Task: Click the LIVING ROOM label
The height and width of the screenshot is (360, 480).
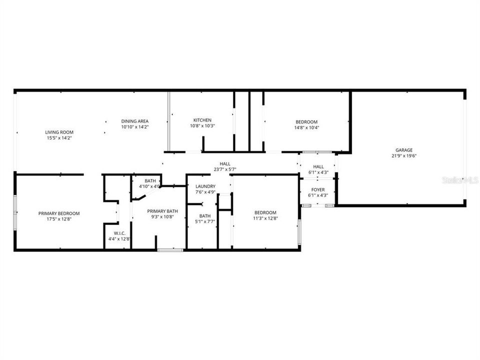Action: coord(59,132)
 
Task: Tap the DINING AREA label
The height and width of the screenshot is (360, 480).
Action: coord(135,121)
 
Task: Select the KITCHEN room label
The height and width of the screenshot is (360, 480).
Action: coord(202,120)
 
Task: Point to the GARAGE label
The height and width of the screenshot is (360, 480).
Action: coord(404,149)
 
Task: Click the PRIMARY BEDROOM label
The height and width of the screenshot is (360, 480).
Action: coord(59,213)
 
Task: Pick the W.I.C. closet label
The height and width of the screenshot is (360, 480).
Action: coord(119,233)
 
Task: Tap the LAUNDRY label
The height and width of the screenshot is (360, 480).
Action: coord(205,186)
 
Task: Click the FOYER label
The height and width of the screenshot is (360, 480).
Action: coord(318,189)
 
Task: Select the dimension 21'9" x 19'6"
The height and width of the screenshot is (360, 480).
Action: coord(404,155)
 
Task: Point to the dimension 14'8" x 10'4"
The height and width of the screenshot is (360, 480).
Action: coord(306,127)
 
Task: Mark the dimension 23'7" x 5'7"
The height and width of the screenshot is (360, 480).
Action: coord(224,169)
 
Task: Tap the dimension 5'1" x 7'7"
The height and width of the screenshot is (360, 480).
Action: coord(204,222)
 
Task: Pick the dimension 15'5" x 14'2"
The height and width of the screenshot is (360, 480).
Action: coord(59,138)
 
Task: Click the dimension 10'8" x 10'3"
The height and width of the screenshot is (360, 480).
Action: coord(202,126)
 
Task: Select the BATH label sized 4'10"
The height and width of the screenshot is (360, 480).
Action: coord(150,180)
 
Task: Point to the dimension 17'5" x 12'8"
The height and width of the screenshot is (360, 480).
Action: coord(59,219)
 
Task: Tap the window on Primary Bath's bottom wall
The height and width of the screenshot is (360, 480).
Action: coord(170,249)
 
